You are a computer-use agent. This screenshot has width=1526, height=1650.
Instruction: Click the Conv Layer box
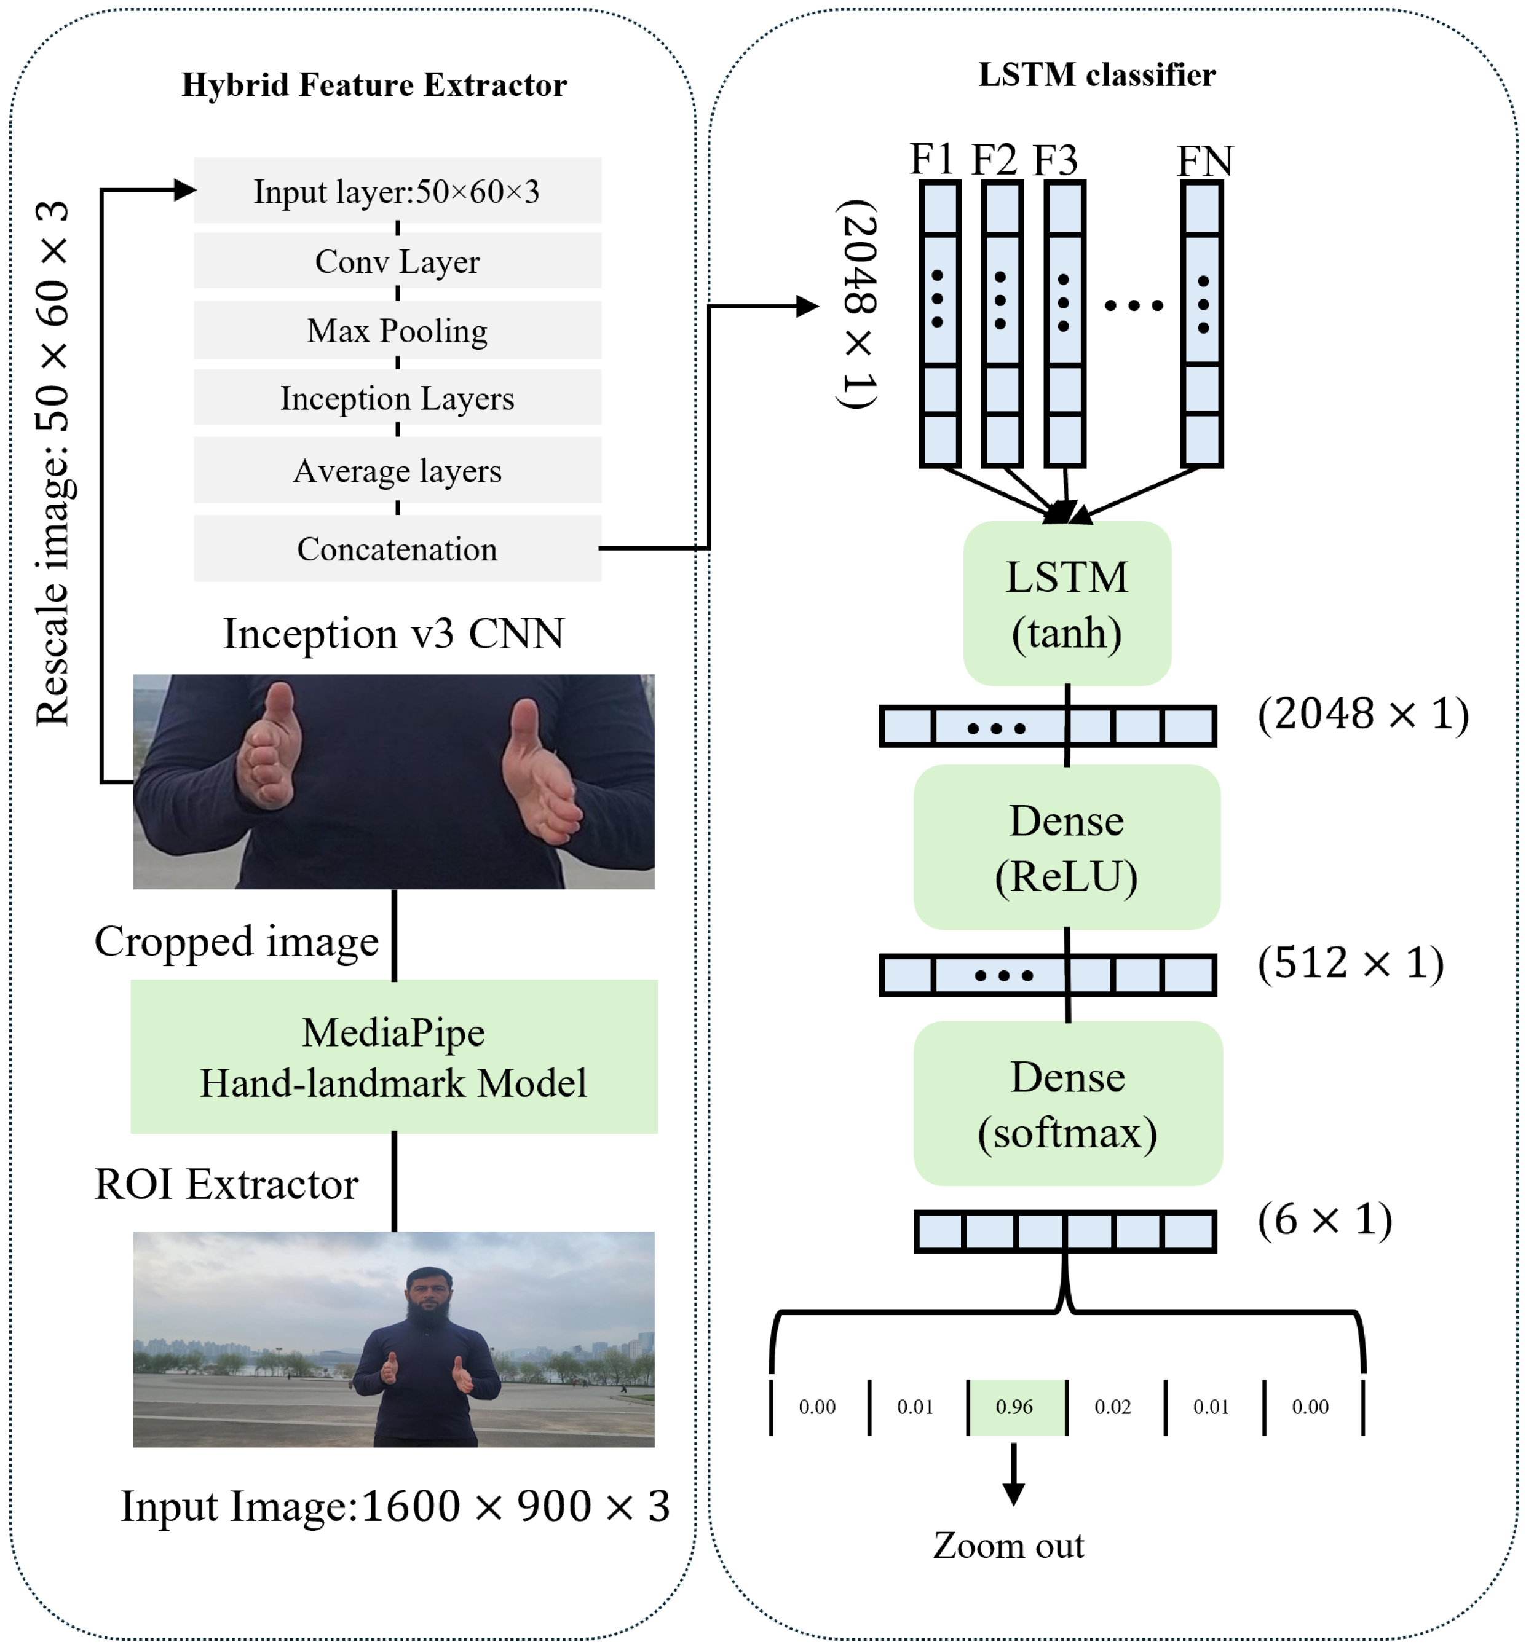397,261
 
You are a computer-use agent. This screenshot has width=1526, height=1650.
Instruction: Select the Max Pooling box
397,330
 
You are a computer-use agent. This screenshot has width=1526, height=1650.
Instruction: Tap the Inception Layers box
397,398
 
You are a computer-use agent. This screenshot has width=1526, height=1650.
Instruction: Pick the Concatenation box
397,549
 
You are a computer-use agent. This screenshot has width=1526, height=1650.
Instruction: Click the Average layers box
397,471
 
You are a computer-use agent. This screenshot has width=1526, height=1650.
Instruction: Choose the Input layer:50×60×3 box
397,191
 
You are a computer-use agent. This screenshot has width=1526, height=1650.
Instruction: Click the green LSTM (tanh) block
1067,603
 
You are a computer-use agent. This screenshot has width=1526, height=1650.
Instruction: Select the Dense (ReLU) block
1067,847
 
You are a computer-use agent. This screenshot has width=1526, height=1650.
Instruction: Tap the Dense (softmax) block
1068,1104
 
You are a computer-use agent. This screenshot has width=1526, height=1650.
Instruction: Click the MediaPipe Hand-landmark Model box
394,1056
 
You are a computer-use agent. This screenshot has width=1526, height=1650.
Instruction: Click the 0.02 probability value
1112,1407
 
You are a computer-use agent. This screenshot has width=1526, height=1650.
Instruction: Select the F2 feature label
994,159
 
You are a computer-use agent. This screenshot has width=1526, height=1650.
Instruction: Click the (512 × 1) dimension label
1351,962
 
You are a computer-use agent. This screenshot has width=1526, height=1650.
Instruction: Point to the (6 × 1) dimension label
1324,1219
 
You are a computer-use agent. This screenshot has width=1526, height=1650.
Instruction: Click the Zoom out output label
1008,1545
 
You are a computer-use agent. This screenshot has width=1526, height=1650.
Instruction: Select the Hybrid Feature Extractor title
374,85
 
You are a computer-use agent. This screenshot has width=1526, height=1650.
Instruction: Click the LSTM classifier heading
1097,75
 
